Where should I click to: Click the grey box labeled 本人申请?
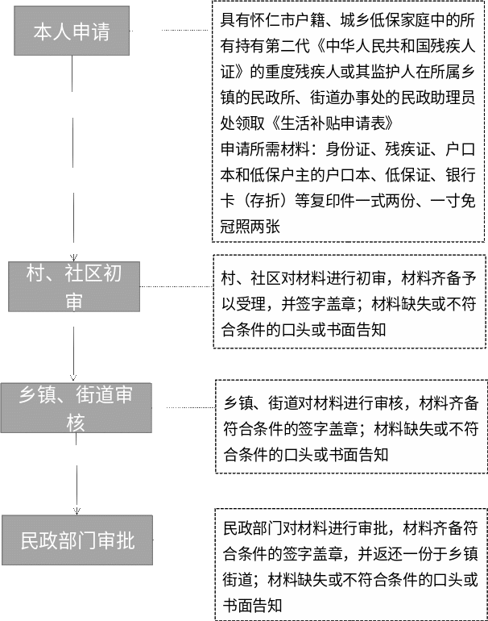click(x=72, y=31)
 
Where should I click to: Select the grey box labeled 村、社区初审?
click(x=74, y=286)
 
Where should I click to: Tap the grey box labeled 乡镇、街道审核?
click(x=76, y=407)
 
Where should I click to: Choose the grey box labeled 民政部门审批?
click(x=77, y=540)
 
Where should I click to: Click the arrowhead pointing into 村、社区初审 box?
click(x=73, y=258)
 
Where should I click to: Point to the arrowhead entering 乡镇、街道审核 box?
click(x=73, y=377)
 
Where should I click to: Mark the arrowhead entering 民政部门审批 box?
click(x=77, y=511)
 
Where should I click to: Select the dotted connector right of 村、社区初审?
click(x=176, y=286)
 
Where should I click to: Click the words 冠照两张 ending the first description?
click(x=250, y=227)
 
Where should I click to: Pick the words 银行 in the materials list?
click(x=461, y=175)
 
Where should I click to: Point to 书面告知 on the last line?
click(x=252, y=605)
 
